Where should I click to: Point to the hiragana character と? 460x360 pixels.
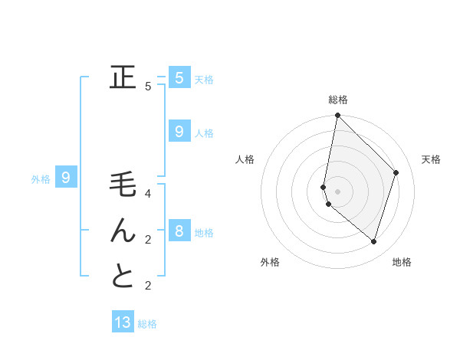click(x=123, y=277)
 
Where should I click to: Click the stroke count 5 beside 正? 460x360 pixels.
click(x=148, y=87)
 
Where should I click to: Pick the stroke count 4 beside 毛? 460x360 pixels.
click(x=148, y=194)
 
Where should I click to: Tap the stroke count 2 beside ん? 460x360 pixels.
click(x=148, y=240)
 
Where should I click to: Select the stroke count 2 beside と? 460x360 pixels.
click(x=148, y=286)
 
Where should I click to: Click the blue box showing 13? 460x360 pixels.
click(x=123, y=322)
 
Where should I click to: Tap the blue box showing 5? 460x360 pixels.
click(x=179, y=78)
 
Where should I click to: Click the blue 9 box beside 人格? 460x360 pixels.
click(x=179, y=132)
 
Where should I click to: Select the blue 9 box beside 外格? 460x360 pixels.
click(x=66, y=178)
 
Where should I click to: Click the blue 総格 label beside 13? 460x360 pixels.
click(x=147, y=324)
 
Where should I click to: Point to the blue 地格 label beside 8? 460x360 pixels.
click(x=204, y=233)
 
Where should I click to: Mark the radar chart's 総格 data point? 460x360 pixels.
click(x=337, y=116)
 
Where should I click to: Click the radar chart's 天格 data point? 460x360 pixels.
click(x=396, y=172)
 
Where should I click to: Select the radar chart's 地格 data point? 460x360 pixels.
click(x=373, y=241)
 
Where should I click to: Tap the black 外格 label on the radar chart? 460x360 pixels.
click(x=270, y=262)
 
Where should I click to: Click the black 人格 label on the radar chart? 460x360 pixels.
click(x=245, y=159)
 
